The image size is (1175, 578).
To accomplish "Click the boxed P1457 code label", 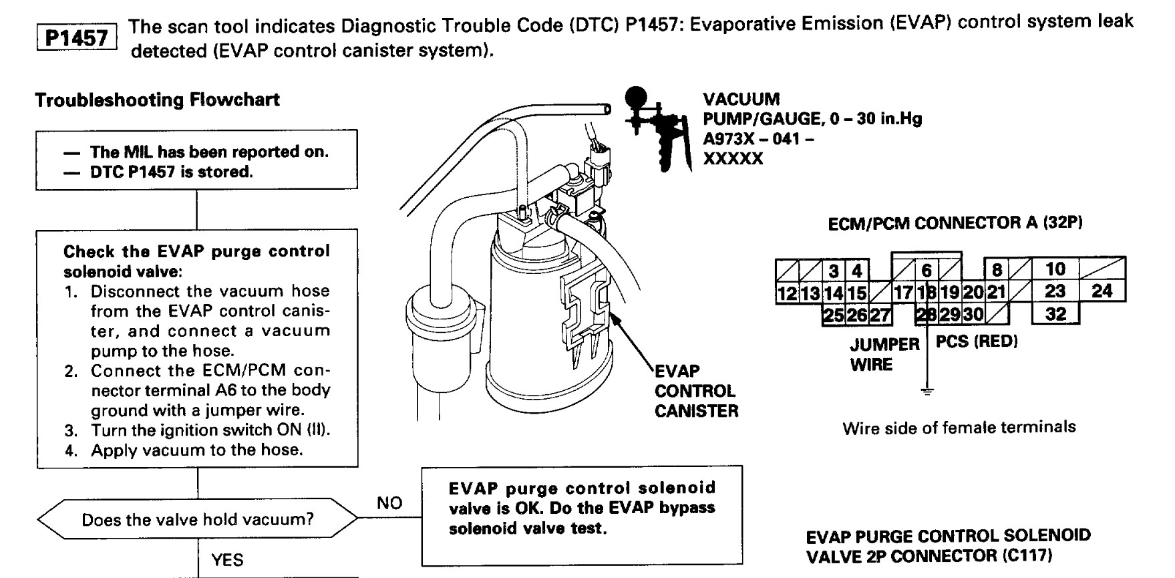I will coord(76,37).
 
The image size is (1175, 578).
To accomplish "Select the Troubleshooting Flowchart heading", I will coord(157,100).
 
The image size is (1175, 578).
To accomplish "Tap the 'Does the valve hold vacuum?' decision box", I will coord(198,519).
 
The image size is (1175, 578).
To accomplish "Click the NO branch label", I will coord(389,503).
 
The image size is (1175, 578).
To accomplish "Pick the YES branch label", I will coord(227,560).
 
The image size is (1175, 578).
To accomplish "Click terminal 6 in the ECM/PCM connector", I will coord(927,270).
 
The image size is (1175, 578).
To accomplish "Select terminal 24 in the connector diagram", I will coord(1102,291).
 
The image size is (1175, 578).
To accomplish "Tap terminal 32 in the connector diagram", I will coord(1055,313).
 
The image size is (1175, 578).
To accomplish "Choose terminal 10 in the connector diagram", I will coord(1055,269).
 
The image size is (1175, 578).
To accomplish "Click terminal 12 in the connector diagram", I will coord(787,293).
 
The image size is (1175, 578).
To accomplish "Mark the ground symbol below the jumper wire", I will coord(927,392).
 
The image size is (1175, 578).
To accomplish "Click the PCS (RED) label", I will coord(976,341).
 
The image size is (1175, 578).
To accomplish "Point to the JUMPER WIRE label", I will coord(884,354).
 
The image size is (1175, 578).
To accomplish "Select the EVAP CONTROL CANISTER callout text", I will coord(696,391).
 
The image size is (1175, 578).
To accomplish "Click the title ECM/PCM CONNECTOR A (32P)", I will coord(955,223).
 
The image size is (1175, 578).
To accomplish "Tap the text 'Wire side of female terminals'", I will coord(959,427).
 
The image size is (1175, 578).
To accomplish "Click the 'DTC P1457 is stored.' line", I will coord(172,172).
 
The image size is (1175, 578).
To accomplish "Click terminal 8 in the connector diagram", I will coord(997,270).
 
